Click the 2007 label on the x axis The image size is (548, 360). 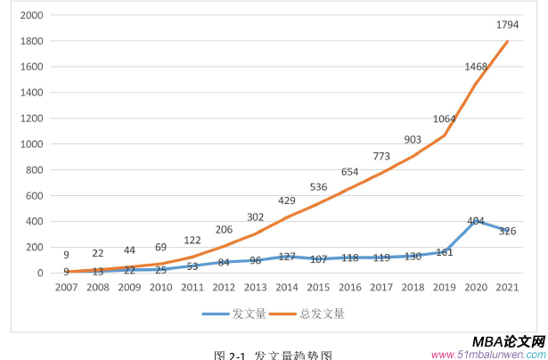coord(66,288)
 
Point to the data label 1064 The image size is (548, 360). coord(444,119)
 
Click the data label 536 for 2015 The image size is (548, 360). coord(318,187)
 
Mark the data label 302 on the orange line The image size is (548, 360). coord(255,217)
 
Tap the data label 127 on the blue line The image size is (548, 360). coord(287,257)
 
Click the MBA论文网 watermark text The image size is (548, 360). coord(507,341)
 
